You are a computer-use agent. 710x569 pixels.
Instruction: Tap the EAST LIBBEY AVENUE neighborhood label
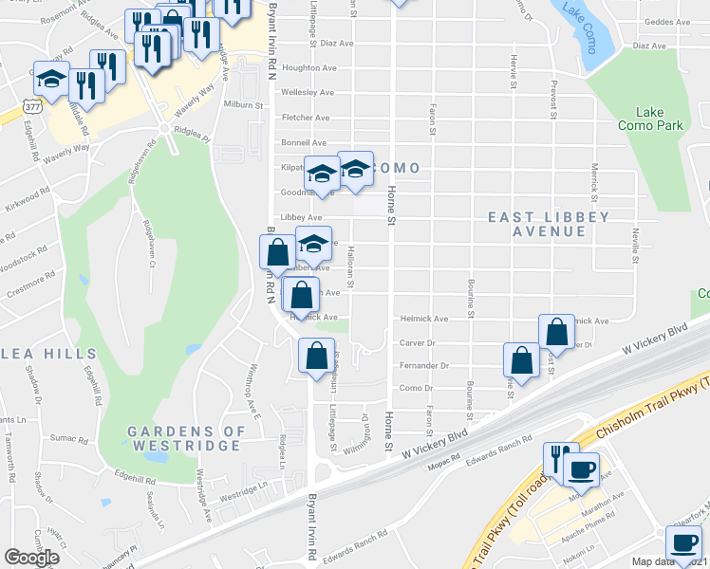[x=549, y=224]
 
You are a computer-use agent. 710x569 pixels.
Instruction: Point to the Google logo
[x=31, y=558]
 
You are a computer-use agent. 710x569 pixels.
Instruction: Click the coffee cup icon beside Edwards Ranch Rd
[x=581, y=468]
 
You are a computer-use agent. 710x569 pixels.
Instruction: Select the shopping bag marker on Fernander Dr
[x=521, y=360]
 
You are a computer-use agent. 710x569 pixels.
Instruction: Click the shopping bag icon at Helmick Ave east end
[x=556, y=332]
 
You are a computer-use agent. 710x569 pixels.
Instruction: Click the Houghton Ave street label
[x=308, y=68]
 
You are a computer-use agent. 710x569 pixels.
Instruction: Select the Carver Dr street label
[x=417, y=342]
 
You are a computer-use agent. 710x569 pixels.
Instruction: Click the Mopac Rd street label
[x=442, y=457]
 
